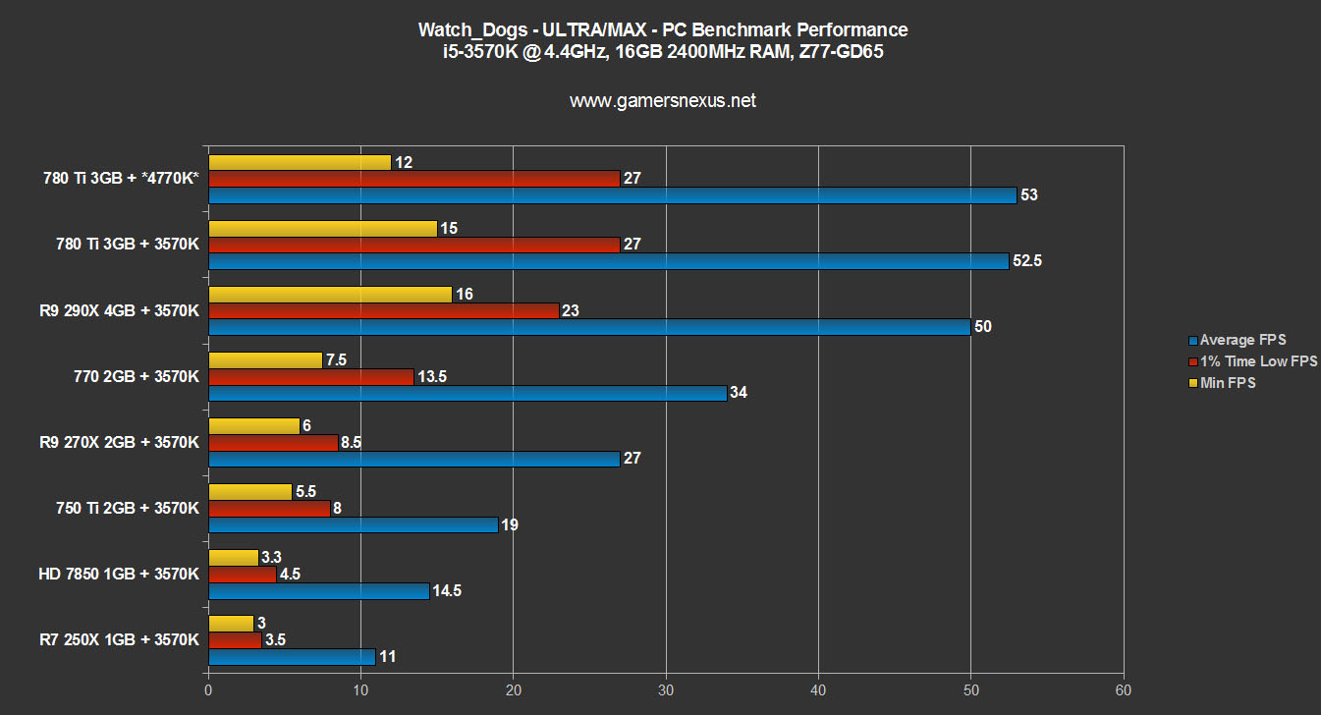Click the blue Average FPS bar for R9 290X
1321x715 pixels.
click(589, 327)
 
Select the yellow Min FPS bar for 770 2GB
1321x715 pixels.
click(265, 359)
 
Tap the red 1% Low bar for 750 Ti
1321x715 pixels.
click(269, 509)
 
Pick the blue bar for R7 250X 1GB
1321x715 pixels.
click(292, 657)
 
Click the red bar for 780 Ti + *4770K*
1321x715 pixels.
click(413, 179)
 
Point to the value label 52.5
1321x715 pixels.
click(1029, 261)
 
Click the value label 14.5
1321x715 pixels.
click(450, 591)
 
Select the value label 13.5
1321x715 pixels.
click(434, 377)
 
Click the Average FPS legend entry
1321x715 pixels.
click(1242, 340)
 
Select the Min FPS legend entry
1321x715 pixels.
click(1227, 383)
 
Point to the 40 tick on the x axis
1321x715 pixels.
click(818, 691)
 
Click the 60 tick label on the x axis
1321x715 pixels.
click(1124, 691)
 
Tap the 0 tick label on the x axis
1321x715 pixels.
click(208, 691)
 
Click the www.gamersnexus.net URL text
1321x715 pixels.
click(663, 100)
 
